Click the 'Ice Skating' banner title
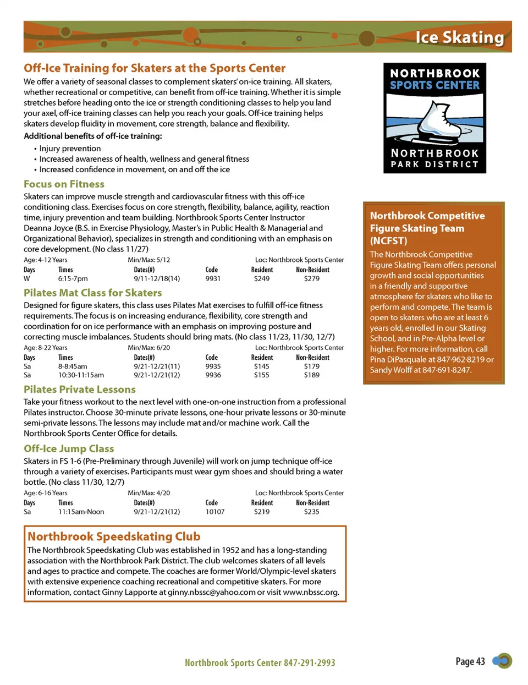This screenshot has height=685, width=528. point(459,37)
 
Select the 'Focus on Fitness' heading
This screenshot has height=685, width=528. point(64,184)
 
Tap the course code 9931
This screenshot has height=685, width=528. point(213,278)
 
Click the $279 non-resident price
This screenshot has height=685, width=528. point(312,278)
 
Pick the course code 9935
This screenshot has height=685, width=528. point(213,366)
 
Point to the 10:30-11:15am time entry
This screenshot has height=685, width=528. point(81,375)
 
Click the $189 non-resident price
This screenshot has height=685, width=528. point(312,375)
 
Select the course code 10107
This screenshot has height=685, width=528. point(215,512)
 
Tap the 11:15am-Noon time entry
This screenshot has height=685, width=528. point(81,512)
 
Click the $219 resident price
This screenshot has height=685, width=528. point(262,512)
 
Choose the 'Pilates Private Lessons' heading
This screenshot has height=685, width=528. point(80,390)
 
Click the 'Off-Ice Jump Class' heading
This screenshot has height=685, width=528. point(69,449)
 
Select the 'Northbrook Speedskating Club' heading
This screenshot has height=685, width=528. point(114,536)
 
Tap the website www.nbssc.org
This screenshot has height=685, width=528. point(311,593)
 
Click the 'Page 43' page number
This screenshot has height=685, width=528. point(470,661)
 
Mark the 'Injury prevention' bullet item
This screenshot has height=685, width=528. point(70,149)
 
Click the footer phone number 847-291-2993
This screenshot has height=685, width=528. point(310,663)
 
